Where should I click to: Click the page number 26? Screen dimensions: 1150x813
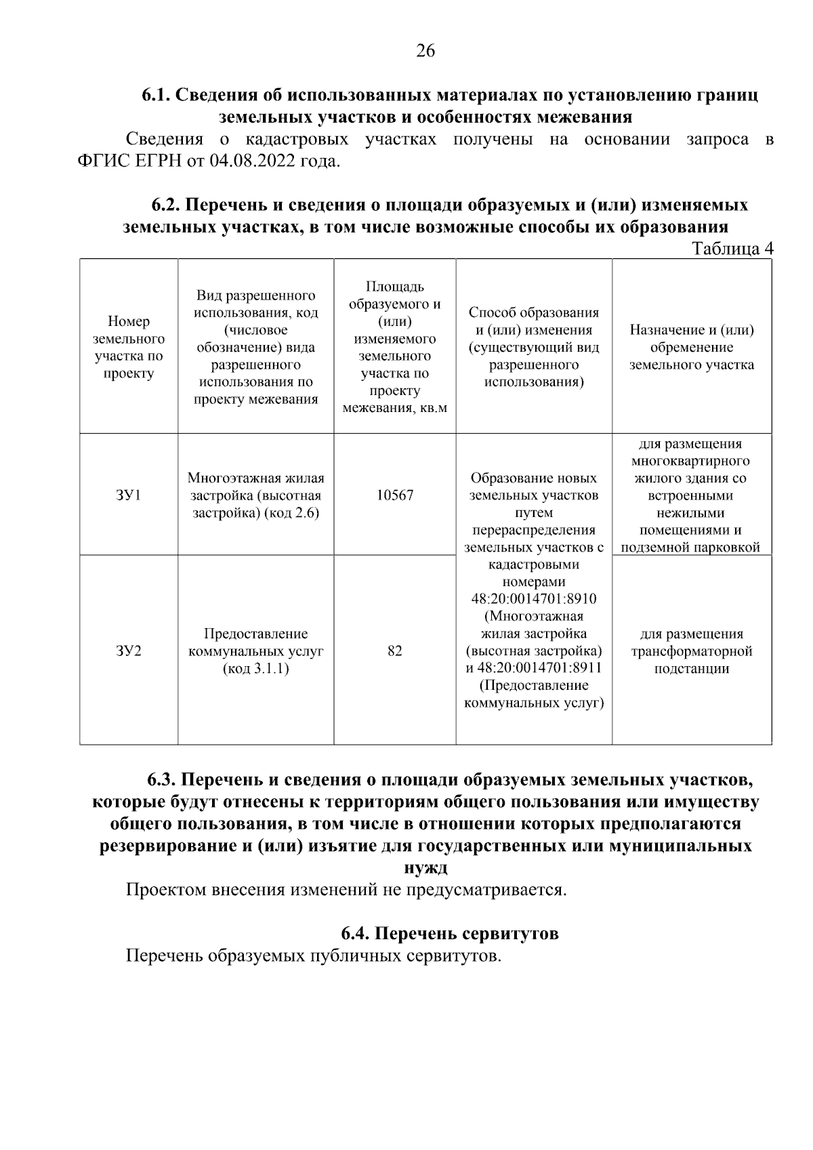coord(425,51)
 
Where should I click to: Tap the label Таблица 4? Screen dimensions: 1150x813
coord(732,249)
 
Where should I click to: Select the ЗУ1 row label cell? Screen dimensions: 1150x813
coord(128,495)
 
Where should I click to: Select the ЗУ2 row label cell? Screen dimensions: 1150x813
coord(128,651)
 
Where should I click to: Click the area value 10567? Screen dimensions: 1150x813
coord(395,495)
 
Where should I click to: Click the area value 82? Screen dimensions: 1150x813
coord(395,651)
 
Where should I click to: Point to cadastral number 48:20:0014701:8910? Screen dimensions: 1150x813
coord(534,599)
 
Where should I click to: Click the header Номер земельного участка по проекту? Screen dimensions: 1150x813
coord(128,347)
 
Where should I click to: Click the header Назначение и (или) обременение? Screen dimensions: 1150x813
coord(692,347)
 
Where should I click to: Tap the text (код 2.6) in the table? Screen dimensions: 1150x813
coord(292,513)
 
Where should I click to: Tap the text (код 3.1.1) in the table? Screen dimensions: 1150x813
coord(255,669)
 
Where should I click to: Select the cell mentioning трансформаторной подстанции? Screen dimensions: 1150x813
coord(692,651)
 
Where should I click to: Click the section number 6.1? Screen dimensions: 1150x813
coord(157,96)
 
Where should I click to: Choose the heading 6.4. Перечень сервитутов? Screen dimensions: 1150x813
coord(450,934)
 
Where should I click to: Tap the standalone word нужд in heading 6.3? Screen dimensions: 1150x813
coord(425,868)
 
